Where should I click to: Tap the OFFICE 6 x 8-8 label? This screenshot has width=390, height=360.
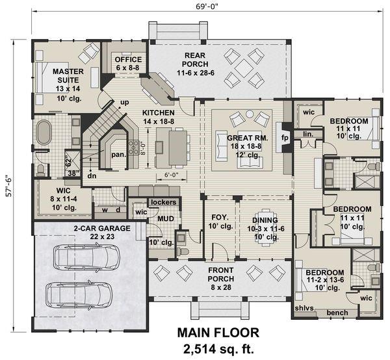[128, 63]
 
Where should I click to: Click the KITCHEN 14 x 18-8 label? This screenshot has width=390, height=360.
[160, 116]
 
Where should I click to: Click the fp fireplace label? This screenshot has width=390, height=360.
[285, 138]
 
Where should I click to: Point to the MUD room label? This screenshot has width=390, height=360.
[165, 219]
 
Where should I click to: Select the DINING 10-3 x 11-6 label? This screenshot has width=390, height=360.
[262, 224]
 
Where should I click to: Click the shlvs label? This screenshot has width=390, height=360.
[303, 307]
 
